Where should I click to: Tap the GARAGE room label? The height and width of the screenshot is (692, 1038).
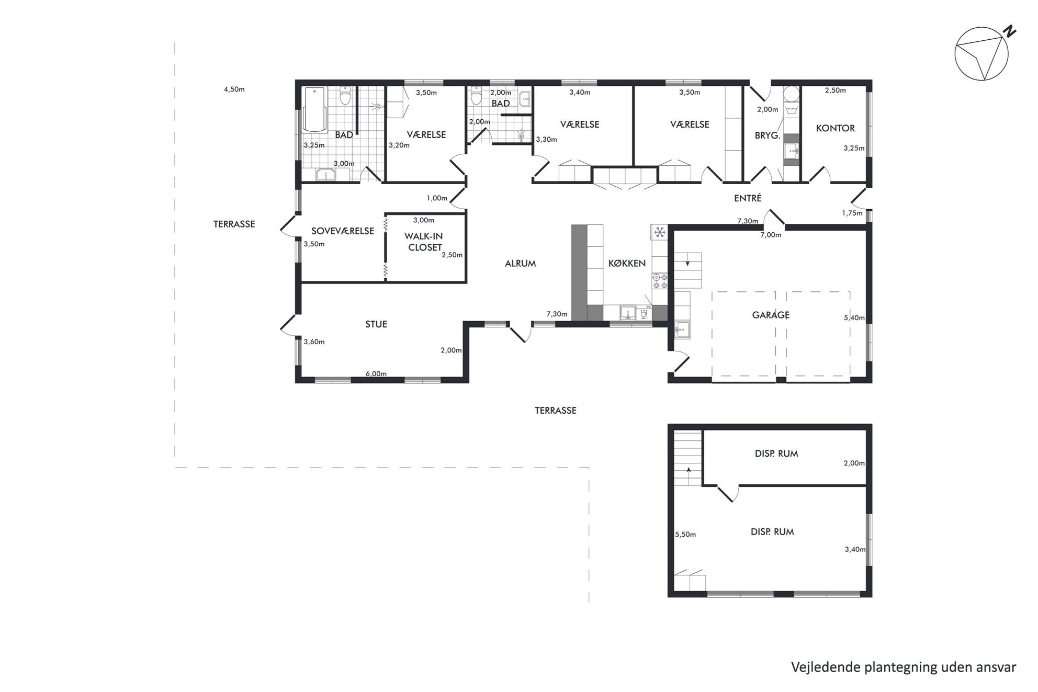click(x=771, y=315)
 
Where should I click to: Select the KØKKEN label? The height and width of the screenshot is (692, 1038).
click(x=627, y=263)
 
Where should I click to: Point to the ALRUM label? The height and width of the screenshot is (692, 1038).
click(x=520, y=264)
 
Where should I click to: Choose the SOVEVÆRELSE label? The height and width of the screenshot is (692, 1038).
click(x=343, y=231)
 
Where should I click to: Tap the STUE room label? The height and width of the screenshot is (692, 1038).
click(x=376, y=324)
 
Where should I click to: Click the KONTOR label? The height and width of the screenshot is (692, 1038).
click(x=836, y=128)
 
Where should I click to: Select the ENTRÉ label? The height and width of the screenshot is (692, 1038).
click(x=748, y=198)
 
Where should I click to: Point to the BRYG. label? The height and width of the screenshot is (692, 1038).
click(x=768, y=135)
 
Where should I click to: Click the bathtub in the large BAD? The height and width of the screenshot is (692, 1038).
click(x=314, y=110)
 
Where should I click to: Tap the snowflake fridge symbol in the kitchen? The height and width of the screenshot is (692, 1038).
click(x=659, y=232)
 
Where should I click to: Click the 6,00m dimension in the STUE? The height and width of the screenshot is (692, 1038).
click(x=376, y=373)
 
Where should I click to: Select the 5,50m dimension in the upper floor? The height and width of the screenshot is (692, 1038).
click(x=685, y=535)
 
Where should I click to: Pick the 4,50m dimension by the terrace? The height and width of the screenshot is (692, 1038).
click(x=234, y=89)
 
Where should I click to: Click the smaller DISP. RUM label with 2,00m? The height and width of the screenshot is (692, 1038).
click(x=776, y=453)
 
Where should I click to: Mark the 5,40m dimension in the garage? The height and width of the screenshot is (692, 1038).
click(x=854, y=317)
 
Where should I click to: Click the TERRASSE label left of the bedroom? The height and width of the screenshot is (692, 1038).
click(x=234, y=224)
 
